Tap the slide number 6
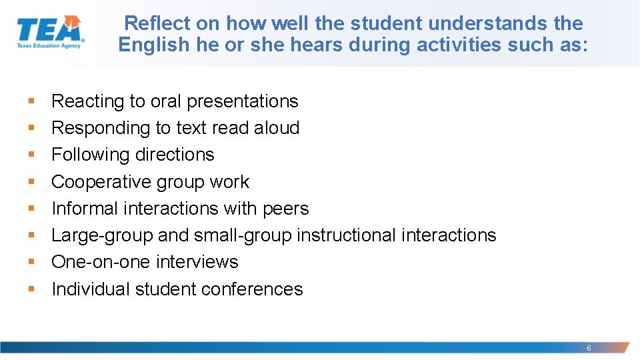pos(589,348)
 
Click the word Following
pos(91,155)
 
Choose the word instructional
pos(347,235)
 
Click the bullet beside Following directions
pos(31,155)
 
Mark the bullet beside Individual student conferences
pos(31,289)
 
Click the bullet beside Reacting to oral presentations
pos(31,101)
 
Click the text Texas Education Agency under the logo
pos(48,47)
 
